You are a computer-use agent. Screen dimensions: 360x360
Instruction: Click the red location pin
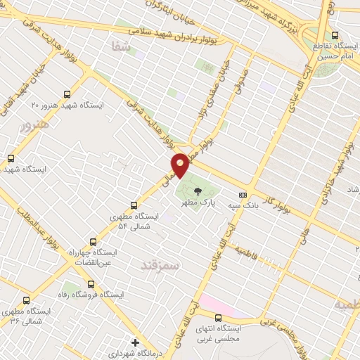(x=181, y=165)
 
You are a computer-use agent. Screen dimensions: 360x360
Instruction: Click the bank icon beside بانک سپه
(x=243, y=195)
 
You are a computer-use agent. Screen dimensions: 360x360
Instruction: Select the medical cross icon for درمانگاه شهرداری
(x=135, y=342)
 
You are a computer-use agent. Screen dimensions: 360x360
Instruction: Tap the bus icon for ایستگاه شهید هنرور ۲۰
(x=67, y=94)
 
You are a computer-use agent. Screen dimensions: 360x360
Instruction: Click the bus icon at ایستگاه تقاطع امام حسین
(x=335, y=34)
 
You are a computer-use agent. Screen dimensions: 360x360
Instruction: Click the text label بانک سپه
(x=240, y=206)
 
